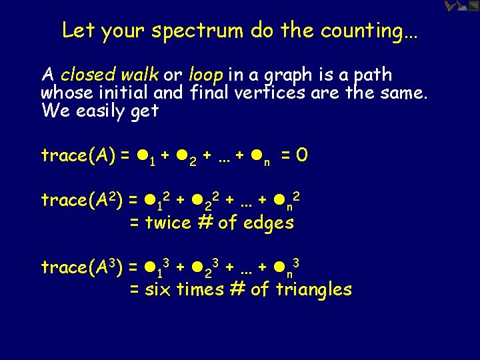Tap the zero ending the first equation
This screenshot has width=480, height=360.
tap(302, 156)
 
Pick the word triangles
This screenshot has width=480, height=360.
tap(313, 290)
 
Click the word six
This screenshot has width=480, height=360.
tap(158, 289)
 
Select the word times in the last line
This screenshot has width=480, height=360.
tap(198, 289)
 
